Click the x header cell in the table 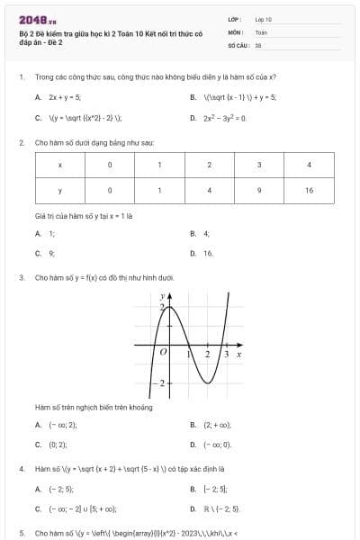coord(59,165)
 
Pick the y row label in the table coord(59,191)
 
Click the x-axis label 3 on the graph coord(226,355)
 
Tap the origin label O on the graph coord(163,354)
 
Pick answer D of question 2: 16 coord(208,254)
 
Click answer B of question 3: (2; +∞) coord(217,424)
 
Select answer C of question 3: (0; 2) coord(58,445)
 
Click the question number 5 coord(21,533)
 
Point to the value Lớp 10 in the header coord(264,19)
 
